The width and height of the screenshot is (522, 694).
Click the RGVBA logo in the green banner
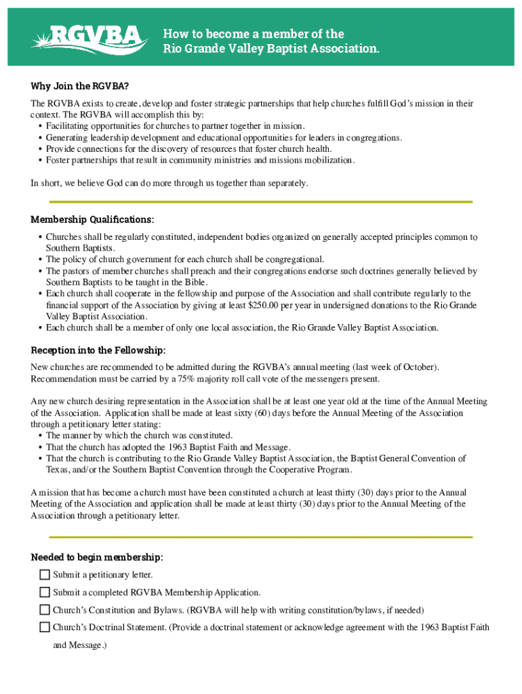click(89, 38)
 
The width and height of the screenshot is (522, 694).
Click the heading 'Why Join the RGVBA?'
click(80, 86)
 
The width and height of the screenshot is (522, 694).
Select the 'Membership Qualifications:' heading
click(92, 220)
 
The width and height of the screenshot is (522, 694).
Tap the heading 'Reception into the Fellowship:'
click(98, 350)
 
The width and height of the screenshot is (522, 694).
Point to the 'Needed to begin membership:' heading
click(97, 557)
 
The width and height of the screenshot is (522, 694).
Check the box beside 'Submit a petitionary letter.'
click(45, 575)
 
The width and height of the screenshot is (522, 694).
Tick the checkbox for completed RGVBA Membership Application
click(45, 592)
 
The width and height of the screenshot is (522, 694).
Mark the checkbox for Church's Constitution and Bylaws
click(45, 610)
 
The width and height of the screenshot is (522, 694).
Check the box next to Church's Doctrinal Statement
click(45, 628)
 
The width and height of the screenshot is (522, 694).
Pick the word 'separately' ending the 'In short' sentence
click(286, 183)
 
